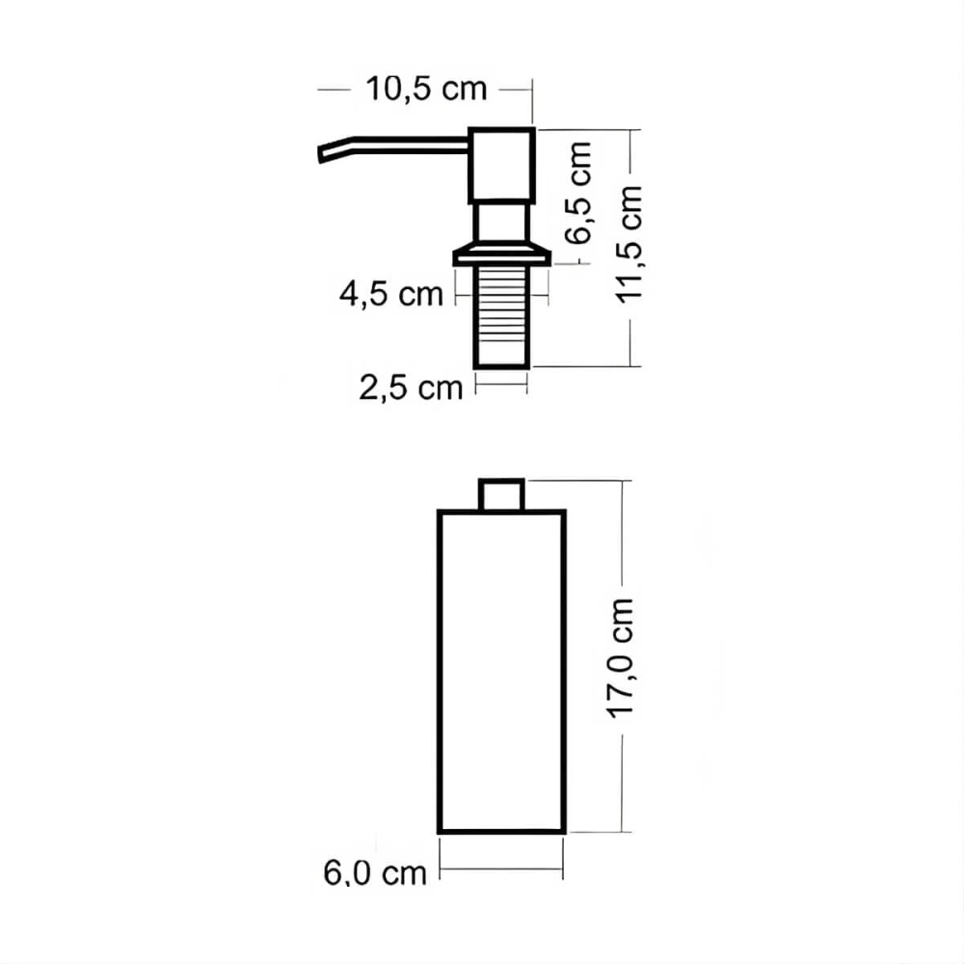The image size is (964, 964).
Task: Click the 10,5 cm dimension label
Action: pos(426,89)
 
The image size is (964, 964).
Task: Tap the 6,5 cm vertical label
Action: pos(578,193)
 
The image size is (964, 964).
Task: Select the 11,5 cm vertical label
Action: pos(629,244)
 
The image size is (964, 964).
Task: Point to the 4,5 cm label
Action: pos(391,294)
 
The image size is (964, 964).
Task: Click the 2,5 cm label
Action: pos(411,388)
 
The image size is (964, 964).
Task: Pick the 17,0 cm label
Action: pos(620,657)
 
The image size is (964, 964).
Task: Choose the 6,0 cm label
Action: pos(375,873)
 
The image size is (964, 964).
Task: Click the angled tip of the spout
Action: pos(321,155)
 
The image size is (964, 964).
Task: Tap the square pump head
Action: pos(501,166)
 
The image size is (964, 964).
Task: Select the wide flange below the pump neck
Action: pos(501,255)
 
